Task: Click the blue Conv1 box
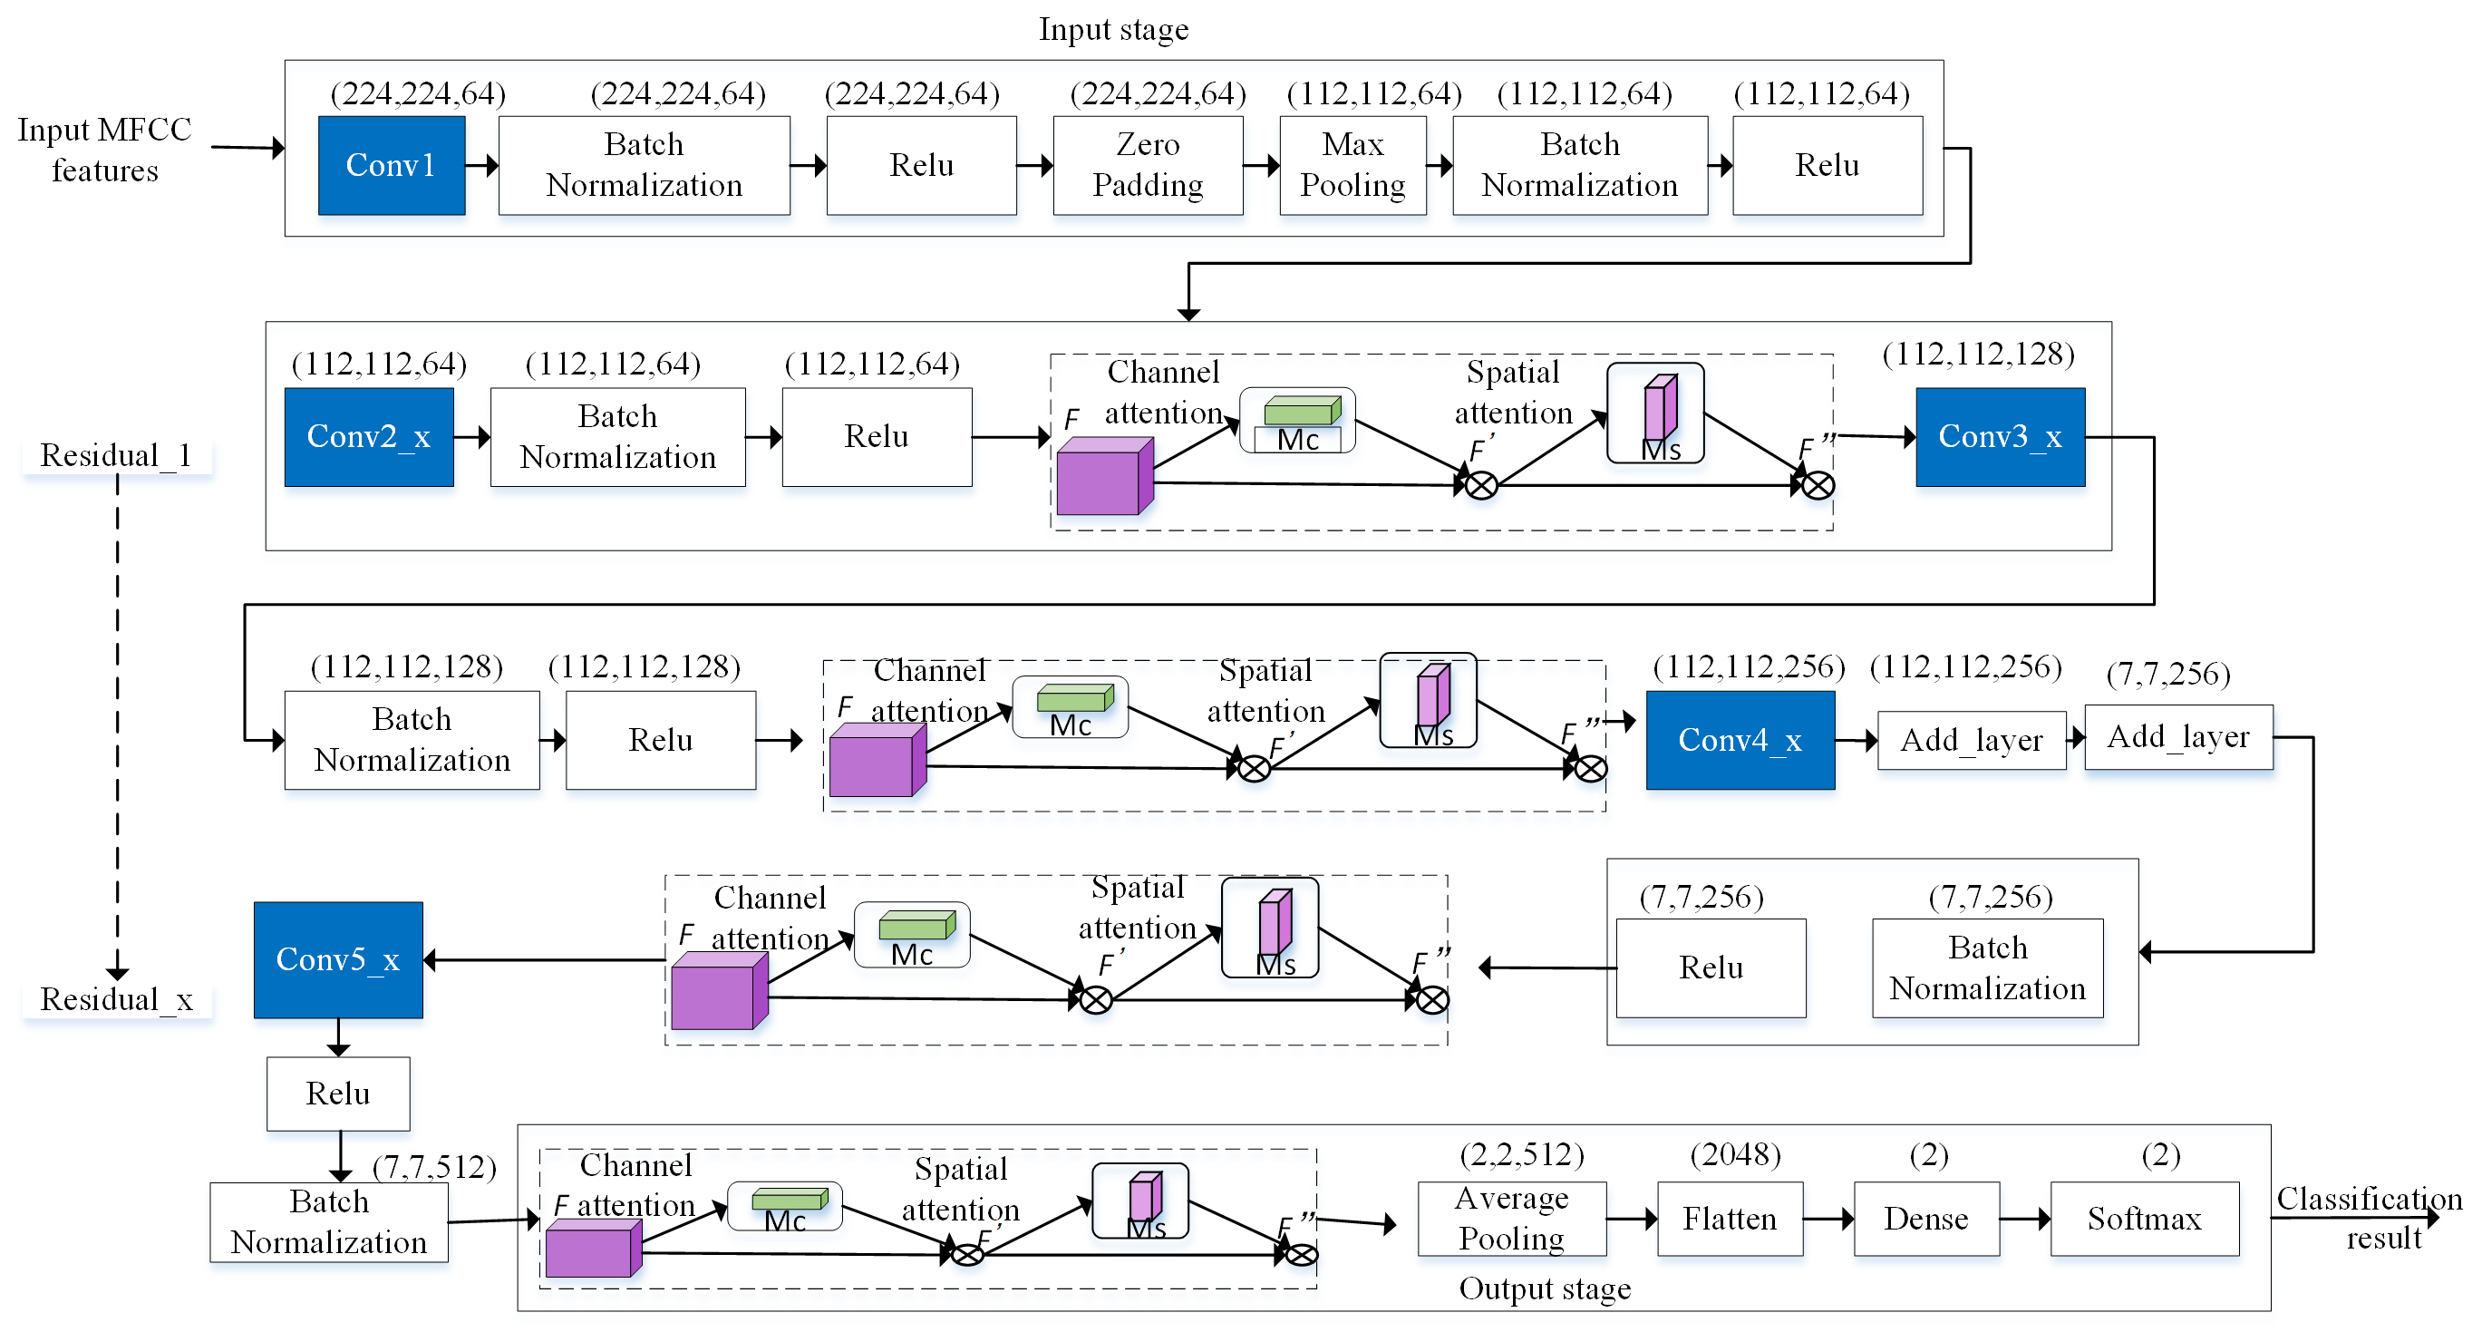click(x=392, y=165)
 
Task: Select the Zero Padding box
click(x=1148, y=165)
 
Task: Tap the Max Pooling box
click(x=1352, y=165)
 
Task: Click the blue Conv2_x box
click(x=368, y=437)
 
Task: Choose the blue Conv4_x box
click(x=1740, y=740)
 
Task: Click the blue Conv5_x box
click(x=337, y=960)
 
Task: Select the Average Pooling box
click(x=1511, y=1219)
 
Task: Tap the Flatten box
click(x=1730, y=1219)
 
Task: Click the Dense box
click(x=1926, y=1219)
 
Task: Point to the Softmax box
click(x=2144, y=1219)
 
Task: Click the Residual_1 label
click(x=116, y=455)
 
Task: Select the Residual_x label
click(x=116, y=999)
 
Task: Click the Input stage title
click(x=1113, y=29)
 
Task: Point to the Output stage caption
click(x=1544, y=1288)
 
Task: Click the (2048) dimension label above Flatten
click(x=1734, y=1153)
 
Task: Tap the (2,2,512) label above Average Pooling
click(x=1521, y=1153)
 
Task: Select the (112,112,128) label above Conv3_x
click(x=1977, y=354)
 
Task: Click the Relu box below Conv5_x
click(x=337, y=1094)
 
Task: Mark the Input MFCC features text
click(x=104, y=150)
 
